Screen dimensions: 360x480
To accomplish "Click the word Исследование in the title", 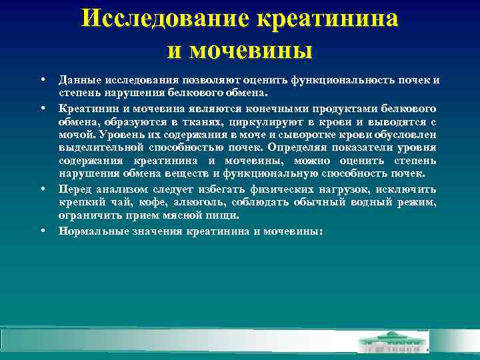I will point(163,18).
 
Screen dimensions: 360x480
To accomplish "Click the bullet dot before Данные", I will point(42,80).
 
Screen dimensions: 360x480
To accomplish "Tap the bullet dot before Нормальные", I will point(42,231).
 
